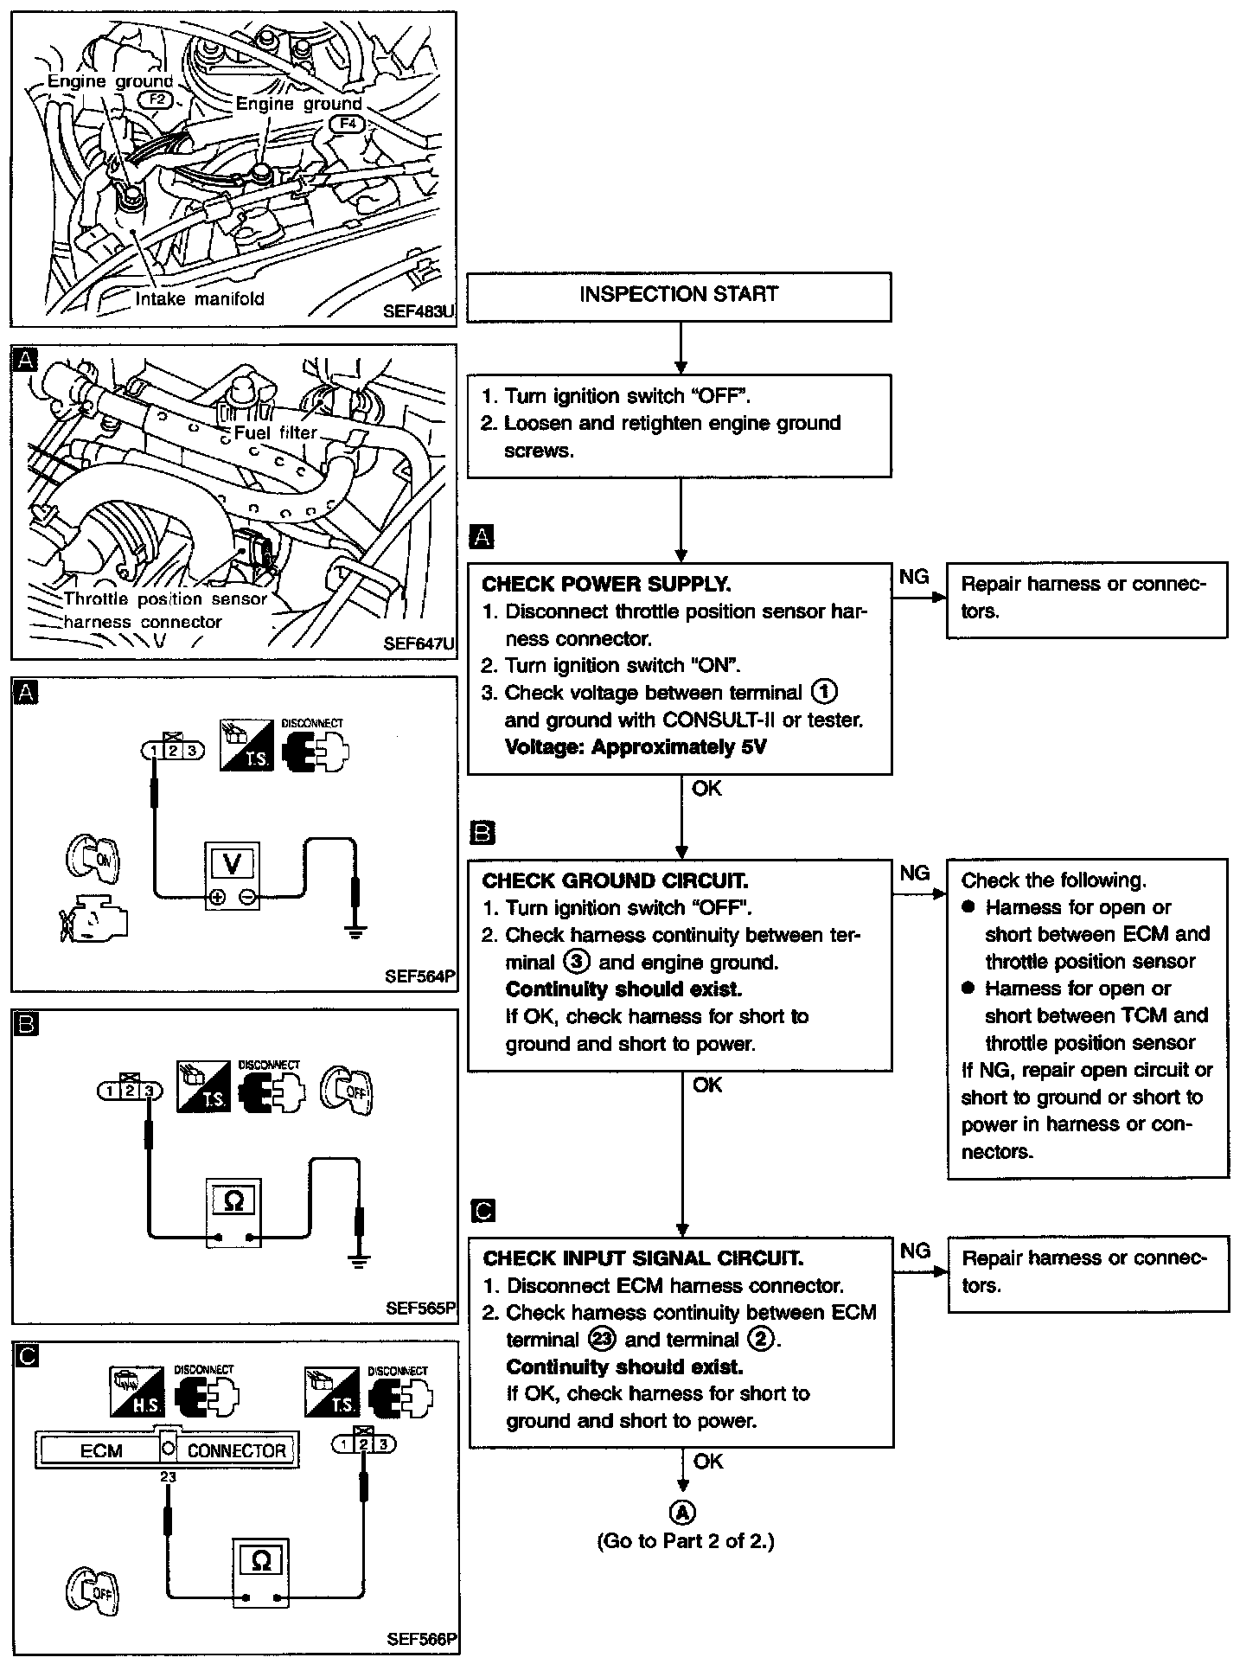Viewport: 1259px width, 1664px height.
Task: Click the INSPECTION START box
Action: pyautogui.click(x=678, y=295)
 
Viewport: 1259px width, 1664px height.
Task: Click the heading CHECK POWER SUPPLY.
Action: pyautogui.click(x=606, y=584)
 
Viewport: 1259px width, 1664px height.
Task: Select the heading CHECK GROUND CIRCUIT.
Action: pyautogui.click(x=615, y=880)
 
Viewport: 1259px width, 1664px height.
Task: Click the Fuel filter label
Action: pyautogui.click(x=275, y=432)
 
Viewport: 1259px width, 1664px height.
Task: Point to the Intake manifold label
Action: pyautogui.click(x=200, y=299)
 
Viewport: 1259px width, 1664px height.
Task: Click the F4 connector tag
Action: pyautogui.click(x=347, y=124)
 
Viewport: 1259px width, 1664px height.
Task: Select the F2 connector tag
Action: pyautogui.click(x=157, y=99)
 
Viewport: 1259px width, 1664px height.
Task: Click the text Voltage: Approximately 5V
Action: pyautogui.click(x=636, y=746)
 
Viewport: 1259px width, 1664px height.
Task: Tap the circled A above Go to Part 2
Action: pyautogui.click(x=682, y=1511)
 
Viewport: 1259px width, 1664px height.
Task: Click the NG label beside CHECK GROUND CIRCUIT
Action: pyautogui.click(x=915, y=873)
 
